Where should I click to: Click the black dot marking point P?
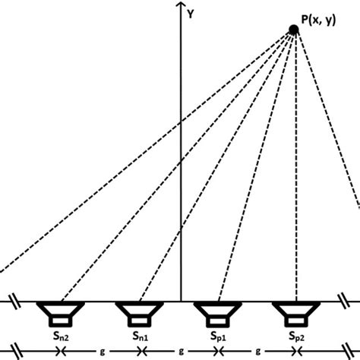294,30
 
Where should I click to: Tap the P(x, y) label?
318,20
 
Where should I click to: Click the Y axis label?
191,14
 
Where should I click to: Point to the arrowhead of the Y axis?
181,5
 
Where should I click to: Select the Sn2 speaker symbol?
61,314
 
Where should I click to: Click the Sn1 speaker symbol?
140,314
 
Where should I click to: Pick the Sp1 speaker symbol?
218,314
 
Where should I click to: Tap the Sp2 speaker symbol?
296,314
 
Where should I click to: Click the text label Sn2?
61,336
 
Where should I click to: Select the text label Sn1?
141,336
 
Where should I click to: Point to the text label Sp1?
218,336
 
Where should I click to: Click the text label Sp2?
297,336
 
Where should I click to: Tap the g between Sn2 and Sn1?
103,352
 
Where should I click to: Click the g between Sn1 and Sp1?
181,352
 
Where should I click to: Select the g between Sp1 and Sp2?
257,352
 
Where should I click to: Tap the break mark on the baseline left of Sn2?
15,302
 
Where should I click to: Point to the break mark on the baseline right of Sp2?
344,301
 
